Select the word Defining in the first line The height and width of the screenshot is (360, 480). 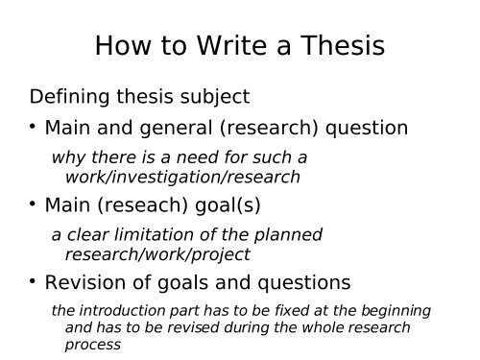point(68,97)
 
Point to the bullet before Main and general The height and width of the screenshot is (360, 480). point(34,126)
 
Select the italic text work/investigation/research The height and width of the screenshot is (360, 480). point(181,177)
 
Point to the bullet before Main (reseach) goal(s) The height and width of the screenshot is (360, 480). point(34,204)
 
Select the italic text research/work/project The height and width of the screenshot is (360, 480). point(156,254)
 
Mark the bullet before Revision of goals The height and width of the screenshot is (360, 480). point(34,281)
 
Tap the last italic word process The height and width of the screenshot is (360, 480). point(92,344)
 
